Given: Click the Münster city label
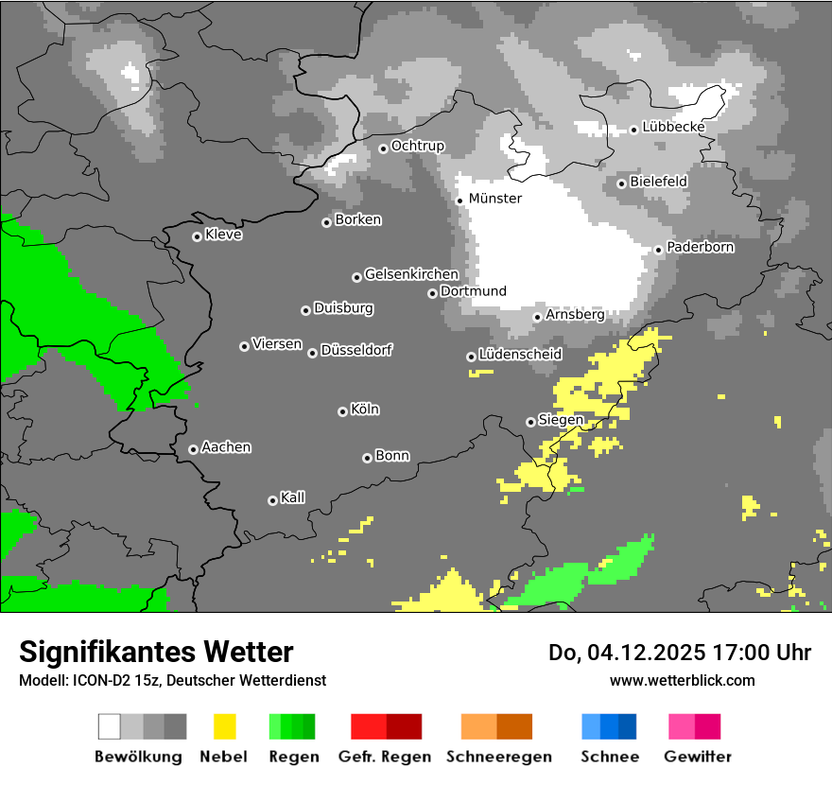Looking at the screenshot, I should [x=494, y=199].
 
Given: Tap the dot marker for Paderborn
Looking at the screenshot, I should [x=659, y=250].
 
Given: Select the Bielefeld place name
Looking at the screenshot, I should [x=658, y=181].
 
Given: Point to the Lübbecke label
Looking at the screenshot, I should [x=673, y=127].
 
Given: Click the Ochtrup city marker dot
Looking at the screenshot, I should [x=383, y=148].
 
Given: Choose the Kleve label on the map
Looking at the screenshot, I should [x=223, y=235].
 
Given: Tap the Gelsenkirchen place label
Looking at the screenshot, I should [x=411, y=274].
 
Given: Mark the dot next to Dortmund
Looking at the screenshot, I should [x=432, y=293].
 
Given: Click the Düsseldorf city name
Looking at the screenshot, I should [x=356, y=350].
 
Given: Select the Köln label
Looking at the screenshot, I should [x=365, y=410].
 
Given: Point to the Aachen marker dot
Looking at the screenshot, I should [x=193, y=449].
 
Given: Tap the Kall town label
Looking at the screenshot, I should [x=292, y=497].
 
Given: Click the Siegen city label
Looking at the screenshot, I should [x=561, y=420].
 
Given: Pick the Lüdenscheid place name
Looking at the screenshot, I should [x=520, y=355].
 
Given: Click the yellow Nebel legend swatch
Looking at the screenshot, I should [x=224, y=726].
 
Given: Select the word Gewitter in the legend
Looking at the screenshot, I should [x=697, y=757].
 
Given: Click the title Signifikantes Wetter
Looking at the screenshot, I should [x=156, y=652].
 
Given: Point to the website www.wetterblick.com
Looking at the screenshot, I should [x=682, y=680].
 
